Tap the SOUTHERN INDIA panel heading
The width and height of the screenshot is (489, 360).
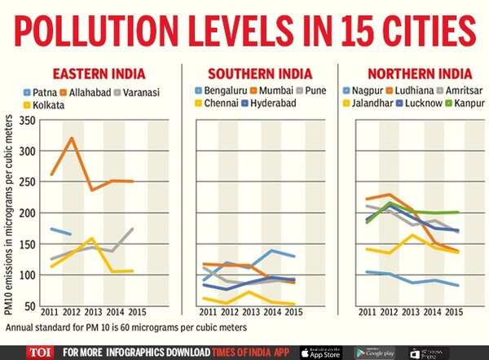255,72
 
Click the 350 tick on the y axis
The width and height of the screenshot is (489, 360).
27,121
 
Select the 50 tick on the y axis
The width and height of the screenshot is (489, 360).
30,305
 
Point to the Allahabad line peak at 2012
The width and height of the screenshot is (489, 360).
72,138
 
